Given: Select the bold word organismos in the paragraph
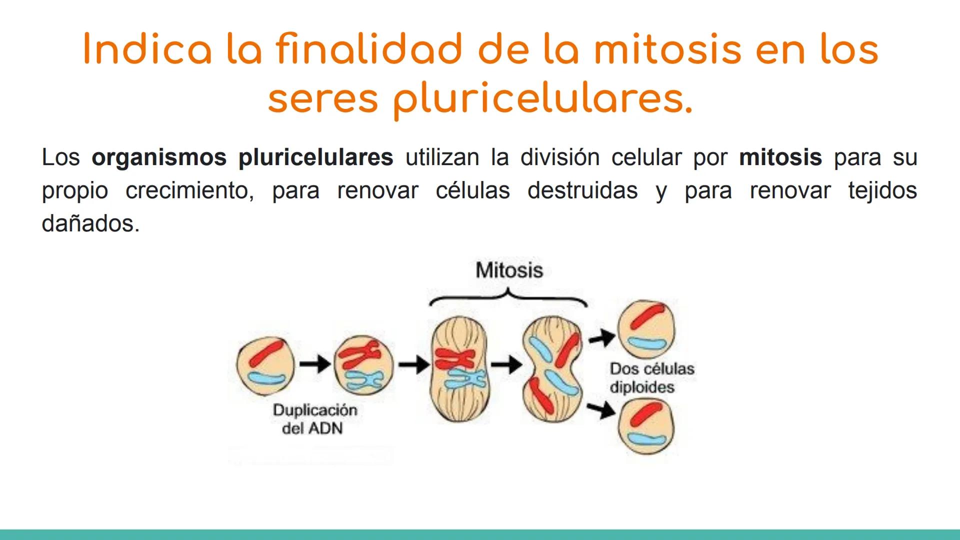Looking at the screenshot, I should point(158,157).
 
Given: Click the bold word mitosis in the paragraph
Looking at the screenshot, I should point(780,157).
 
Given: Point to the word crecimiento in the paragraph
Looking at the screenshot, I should point(189,190).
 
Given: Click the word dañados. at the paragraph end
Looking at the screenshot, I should point(90,223).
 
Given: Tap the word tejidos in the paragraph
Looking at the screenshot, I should point(882,190).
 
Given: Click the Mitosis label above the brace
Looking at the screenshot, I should point(509,270).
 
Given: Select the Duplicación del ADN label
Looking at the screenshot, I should point(314,419).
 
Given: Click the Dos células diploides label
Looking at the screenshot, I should point(651,378).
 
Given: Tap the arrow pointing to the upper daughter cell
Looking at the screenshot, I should point(601,338).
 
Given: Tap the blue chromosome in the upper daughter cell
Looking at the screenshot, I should point(647,343).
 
